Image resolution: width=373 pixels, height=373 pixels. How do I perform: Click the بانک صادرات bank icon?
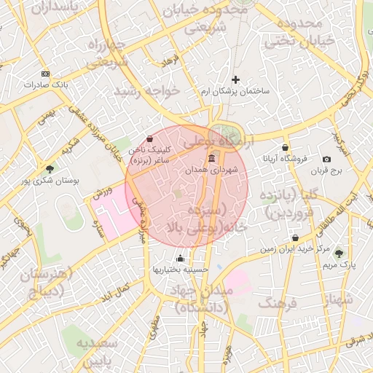46,74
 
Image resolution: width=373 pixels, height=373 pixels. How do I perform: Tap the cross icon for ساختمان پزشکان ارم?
235,79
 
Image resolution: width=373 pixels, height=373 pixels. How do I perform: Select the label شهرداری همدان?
211,170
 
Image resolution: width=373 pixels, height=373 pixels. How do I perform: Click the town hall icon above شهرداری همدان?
211,159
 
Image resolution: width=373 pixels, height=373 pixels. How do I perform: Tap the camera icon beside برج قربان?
326,159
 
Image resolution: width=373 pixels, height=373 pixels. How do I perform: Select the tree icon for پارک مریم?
339,254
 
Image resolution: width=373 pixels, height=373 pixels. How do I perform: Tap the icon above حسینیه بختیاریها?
181,257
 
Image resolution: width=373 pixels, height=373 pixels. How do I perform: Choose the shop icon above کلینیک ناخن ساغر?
149,138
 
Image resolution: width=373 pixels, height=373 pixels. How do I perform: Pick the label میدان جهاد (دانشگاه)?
199,299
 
